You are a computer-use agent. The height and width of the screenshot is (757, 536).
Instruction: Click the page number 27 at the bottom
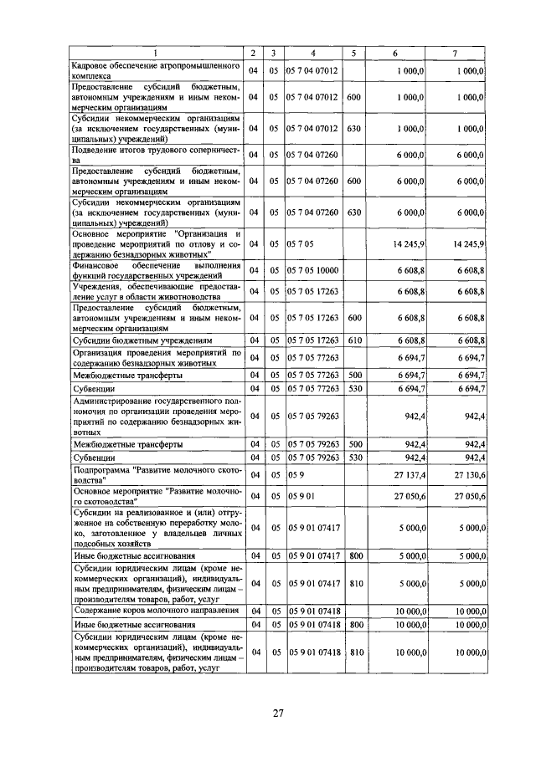click(279, 713)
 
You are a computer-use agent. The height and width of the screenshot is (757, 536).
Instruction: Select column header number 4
click(312, 54)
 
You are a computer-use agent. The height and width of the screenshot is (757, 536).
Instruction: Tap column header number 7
click(455, 54)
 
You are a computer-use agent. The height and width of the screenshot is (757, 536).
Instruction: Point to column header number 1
click(156, 54)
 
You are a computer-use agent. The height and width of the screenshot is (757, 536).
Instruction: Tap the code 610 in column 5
click(353, 340)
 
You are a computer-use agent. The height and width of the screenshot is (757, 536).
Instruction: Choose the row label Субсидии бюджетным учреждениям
click(140, 341)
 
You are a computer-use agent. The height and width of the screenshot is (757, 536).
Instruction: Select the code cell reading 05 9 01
click(300, 495)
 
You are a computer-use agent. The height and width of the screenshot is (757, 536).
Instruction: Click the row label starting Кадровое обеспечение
click(156, 72)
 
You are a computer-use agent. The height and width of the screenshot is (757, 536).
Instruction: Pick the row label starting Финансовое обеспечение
click(156, 270)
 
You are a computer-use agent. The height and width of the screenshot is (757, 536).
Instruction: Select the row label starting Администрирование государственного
click(156, 416)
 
